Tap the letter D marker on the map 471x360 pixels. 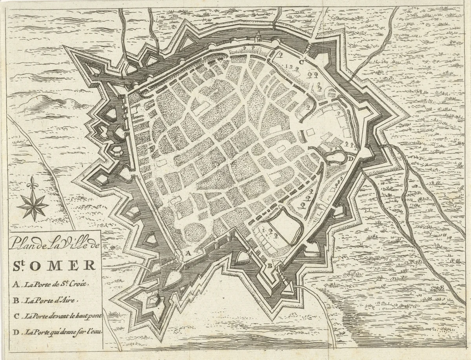(x=351, y=159)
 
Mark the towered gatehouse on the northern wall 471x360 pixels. (x=258, y=37)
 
